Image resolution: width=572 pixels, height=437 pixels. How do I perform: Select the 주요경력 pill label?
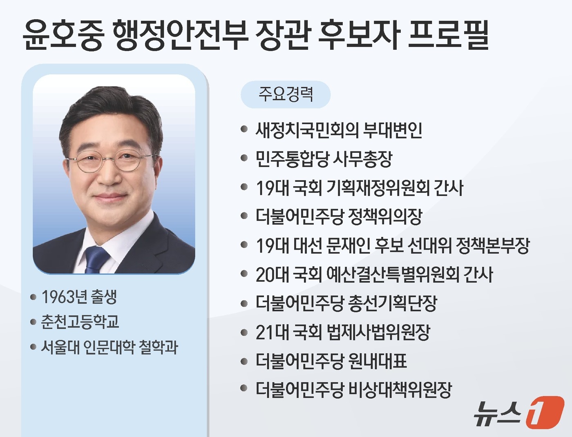[x=286, y=94]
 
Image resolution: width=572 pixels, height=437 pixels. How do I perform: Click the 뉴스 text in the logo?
[x=498, y=413]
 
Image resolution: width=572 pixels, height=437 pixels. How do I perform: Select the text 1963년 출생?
[x=79, y=297]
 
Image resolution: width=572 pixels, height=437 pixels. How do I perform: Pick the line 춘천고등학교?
[x=80, y=322]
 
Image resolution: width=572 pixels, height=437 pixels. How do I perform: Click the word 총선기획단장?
[x=393, y=303]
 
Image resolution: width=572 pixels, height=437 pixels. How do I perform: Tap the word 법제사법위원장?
[x=379, y=332]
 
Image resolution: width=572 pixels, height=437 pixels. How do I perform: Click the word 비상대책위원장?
[x=400, y=390]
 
